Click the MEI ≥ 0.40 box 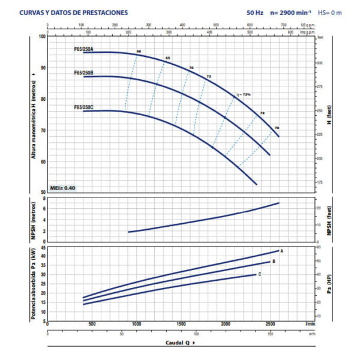pyautogui.click(x=63, y=188)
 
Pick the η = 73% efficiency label pyautogui.click(x=242, y=94)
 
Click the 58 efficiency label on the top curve pyautogui.click(x=139, y=53)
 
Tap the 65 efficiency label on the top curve pyautogui.click(x=167, y=58)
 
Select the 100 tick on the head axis pyautogui.click(x=42, y=37)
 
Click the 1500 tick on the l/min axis pyautogui.click(x=181, y=324)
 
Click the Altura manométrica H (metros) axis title pyautogui.click(x=35, y=114)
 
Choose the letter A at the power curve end pyautogui.click(x=281, y=250)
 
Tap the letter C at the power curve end pyautogui.click(x=259, y=274)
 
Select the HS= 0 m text pyautogui.click(x=329, y=12)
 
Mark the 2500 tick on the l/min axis pyautogui.click(x=271, y=324)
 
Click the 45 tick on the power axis pyautogui.click(x=43, y=247)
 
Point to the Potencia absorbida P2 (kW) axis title pyautogui.click(x=35, y=282)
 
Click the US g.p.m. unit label pyautogui.click(x=307, y=25)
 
